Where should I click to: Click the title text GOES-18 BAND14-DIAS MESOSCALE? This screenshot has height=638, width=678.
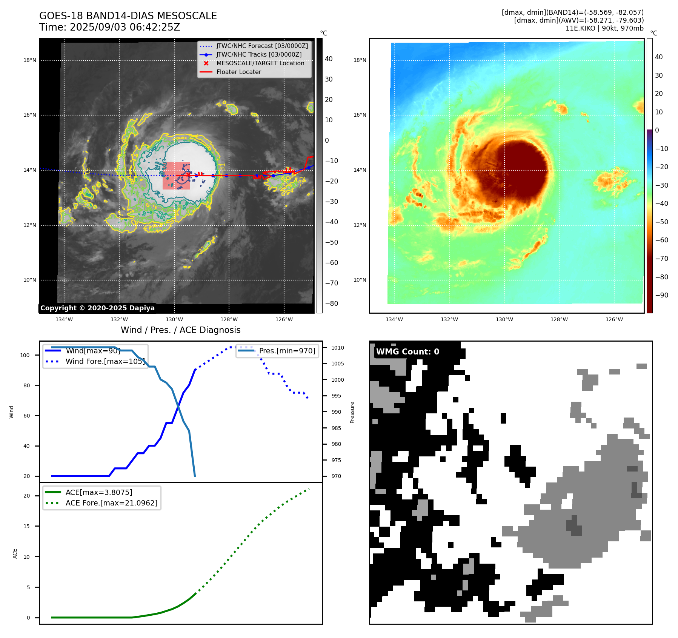[128, 16]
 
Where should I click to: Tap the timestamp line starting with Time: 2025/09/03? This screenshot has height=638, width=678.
[110, 27]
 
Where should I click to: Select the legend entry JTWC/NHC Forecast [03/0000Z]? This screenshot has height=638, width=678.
[262, 46]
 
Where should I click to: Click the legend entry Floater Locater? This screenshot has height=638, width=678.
[238, 72]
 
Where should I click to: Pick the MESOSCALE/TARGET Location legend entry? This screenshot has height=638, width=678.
[260, 63]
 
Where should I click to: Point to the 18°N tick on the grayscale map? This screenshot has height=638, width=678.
[30, 60]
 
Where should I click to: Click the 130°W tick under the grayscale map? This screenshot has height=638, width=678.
[174, 319]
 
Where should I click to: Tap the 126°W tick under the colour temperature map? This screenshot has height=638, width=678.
[614, 319]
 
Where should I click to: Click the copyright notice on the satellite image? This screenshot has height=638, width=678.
[97, 308]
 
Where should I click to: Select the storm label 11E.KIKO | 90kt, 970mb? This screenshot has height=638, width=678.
[604, 28]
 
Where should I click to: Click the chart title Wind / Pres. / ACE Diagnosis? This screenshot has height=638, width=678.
[180, 330]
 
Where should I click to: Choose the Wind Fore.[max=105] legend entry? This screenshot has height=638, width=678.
[105, 361]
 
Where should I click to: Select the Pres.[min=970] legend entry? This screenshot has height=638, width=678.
[287, 351]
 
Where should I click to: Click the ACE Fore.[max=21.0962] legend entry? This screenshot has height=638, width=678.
[111, 503]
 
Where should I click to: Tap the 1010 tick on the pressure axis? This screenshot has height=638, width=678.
[338, 348]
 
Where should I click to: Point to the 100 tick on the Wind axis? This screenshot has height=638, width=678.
[25, 355]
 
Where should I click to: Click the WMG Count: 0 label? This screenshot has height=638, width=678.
[407, 351]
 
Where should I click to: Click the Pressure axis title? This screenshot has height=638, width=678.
[352, 412]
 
